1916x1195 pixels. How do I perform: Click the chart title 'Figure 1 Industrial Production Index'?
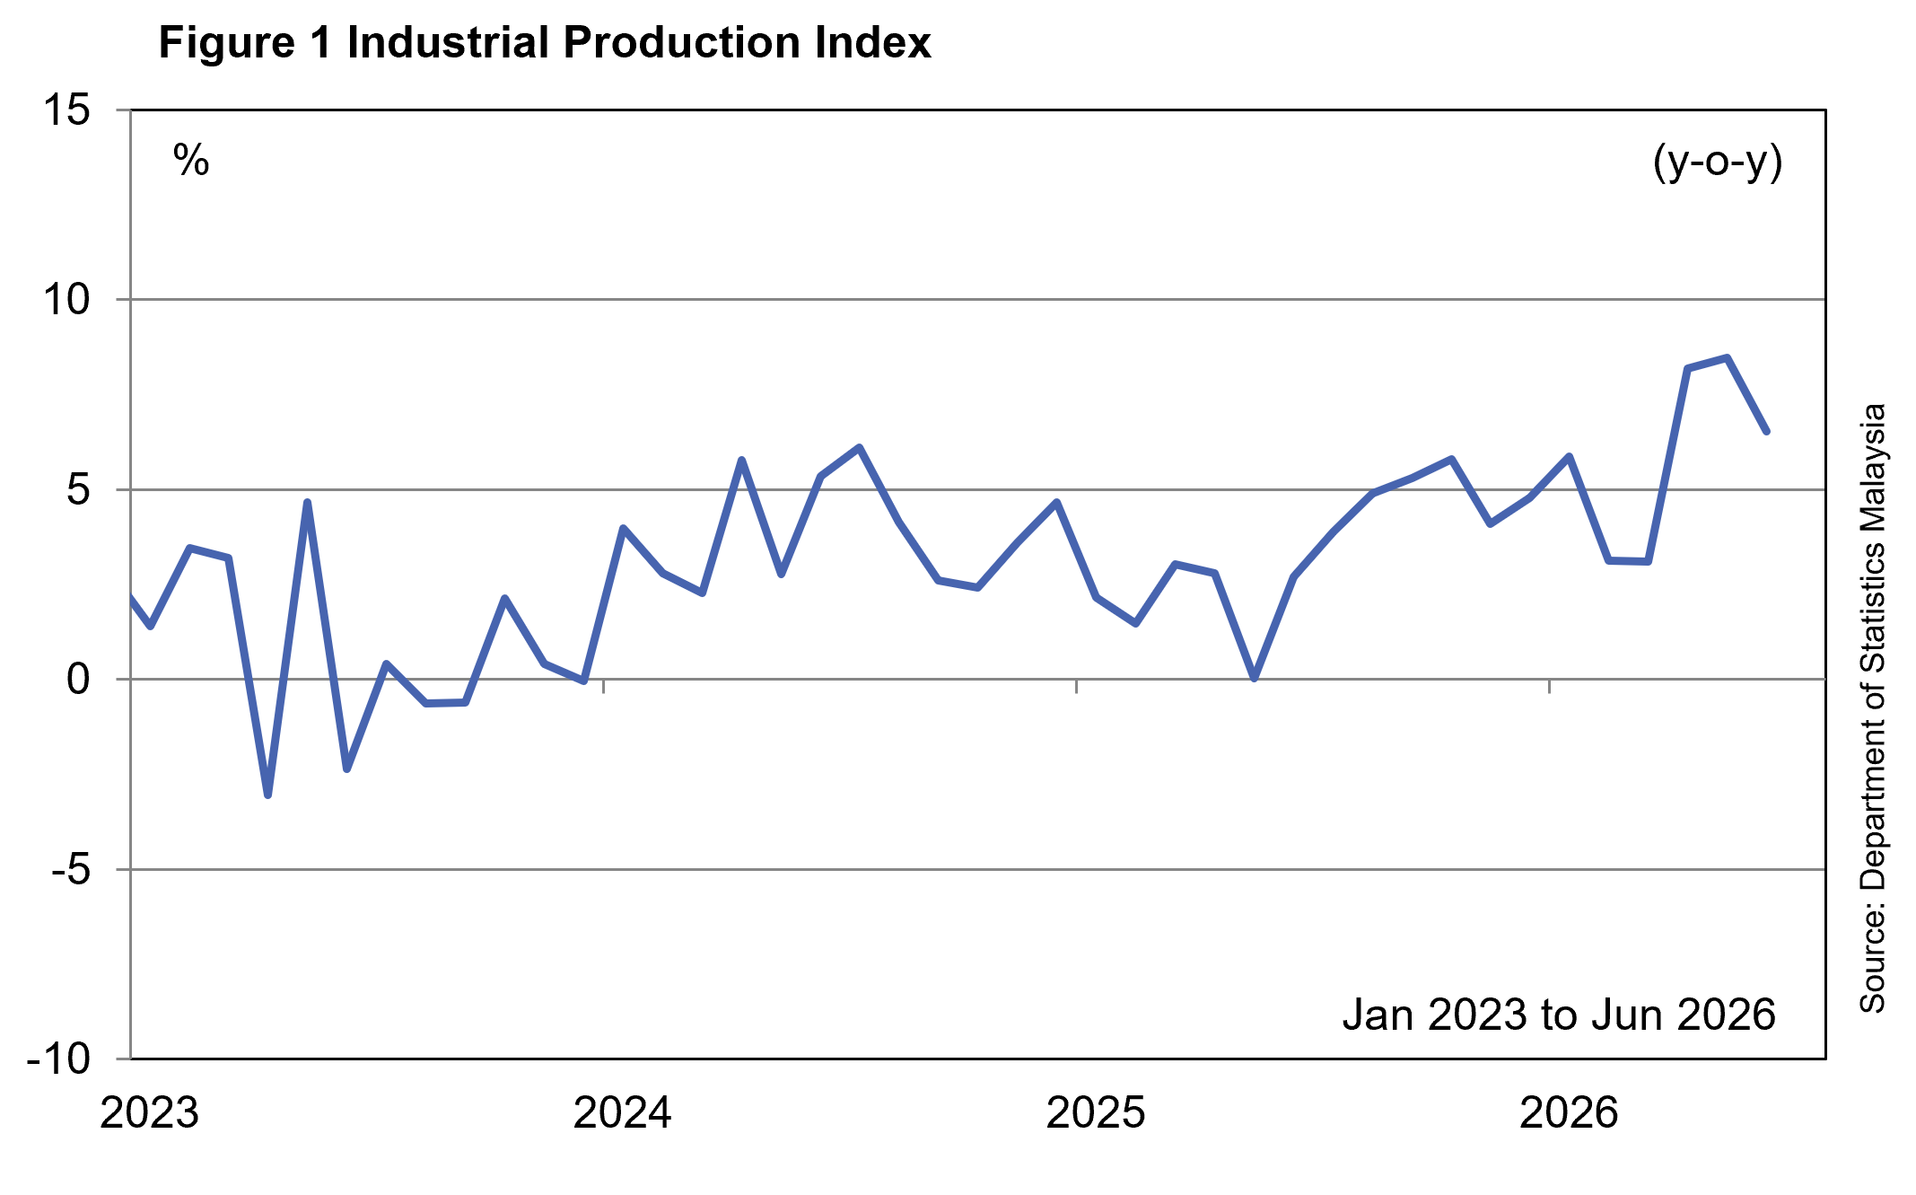click(545, 42)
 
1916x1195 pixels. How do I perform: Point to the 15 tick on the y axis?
click(67, 110)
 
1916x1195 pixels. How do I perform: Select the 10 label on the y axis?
click(67, 299)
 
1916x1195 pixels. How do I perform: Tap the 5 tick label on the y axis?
click(79, 489)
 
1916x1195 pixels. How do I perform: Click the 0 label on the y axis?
click(79, 679)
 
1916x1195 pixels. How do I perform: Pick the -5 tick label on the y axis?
click(72, 869)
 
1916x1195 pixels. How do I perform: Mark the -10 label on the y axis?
click(60, 1059)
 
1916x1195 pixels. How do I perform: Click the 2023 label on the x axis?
click(150, 1113)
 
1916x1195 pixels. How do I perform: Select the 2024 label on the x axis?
click(623, 1113)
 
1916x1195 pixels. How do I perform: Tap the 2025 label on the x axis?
click(1096, 1113)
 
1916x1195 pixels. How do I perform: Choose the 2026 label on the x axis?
click(1569, 1113)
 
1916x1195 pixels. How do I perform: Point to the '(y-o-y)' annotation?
click(1718, 163)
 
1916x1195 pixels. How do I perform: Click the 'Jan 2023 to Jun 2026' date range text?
click(1559, 1015)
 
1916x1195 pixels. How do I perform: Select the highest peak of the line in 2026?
click(1727, 357)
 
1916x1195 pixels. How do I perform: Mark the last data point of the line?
click(1766, 432)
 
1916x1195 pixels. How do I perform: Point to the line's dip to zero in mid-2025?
click(1254, 679)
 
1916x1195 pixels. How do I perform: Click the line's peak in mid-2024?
click(860, 447)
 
